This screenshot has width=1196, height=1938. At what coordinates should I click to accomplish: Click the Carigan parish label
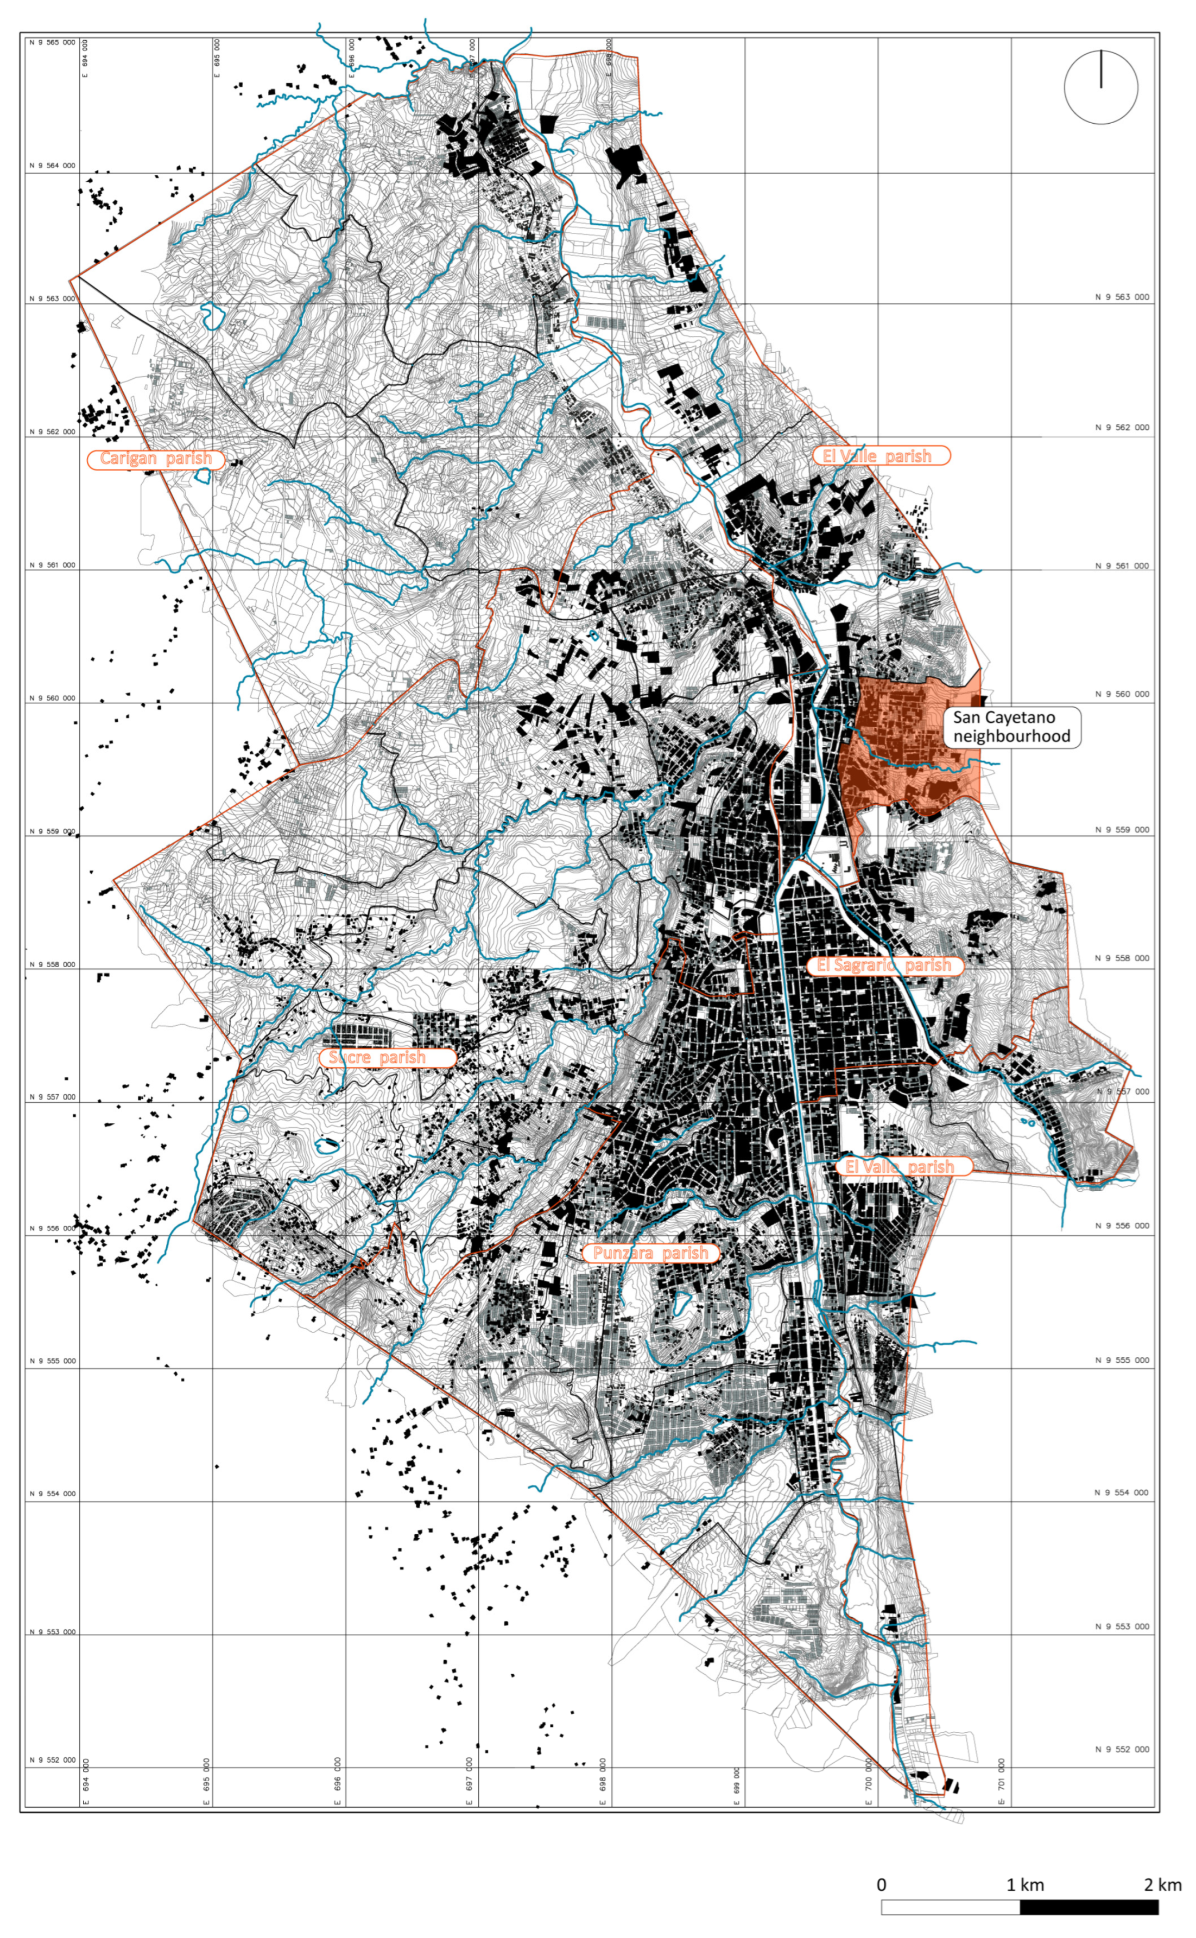coord(155,459)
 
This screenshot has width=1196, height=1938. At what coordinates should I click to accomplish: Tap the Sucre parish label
coord(387,1057)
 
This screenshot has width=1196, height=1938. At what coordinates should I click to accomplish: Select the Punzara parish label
coord(650,1253)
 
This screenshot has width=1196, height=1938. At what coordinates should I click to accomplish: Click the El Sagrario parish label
coord(884,965)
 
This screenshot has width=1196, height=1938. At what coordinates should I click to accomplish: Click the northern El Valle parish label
coord(881,455)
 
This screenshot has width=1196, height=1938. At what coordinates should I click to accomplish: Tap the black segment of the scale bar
coord(1089,1907)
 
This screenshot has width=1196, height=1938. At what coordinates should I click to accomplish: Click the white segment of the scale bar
coord(950,1907)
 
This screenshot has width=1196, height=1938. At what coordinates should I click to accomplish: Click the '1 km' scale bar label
coord(1024,1884)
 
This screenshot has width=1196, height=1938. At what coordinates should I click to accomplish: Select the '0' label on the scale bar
coord(881,1884)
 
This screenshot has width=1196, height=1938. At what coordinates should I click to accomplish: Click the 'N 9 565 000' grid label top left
coord(52,42)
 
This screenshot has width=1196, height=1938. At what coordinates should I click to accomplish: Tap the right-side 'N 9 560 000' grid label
coord(1122,694)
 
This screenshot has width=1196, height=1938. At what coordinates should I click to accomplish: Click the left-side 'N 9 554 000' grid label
coord(52,1493)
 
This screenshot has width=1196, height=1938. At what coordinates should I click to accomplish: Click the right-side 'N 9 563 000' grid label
coord(1122,296)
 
